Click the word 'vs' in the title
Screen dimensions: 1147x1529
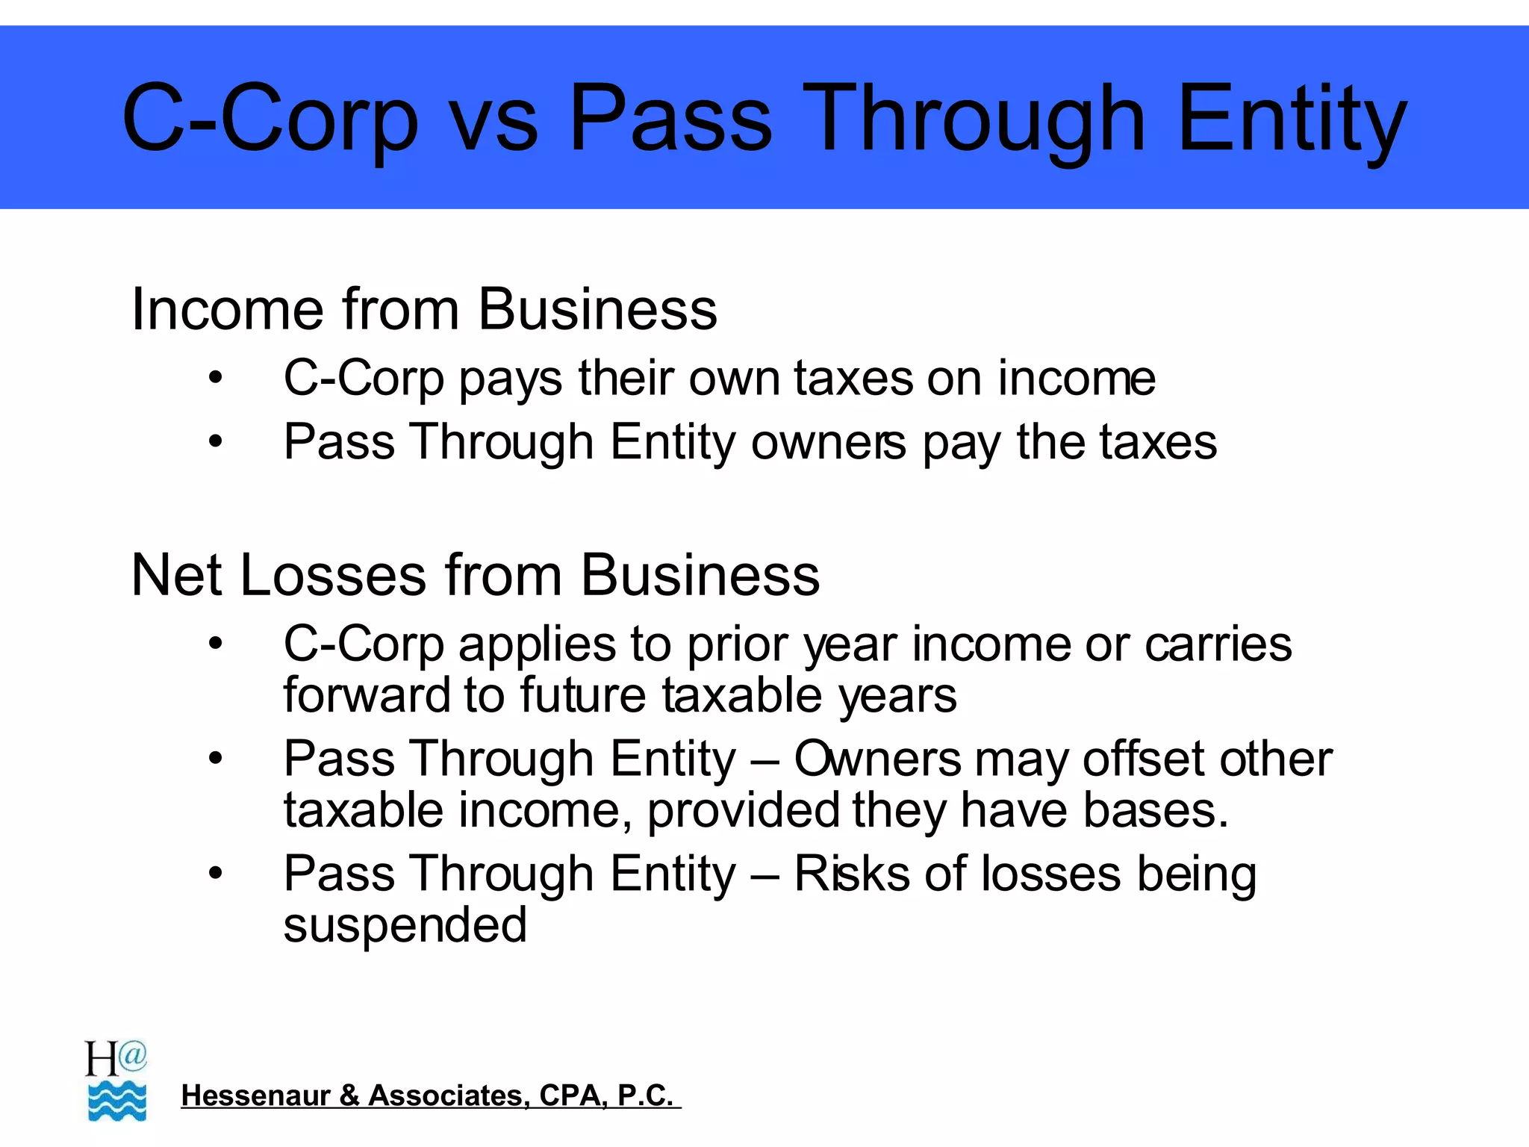(494, 119)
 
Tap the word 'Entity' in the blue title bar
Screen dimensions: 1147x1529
(1292, 119)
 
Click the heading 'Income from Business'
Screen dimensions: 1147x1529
(423, 309)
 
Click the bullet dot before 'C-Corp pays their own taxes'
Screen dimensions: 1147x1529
(216, 378)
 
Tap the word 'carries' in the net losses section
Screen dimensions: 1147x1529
(1218, 644)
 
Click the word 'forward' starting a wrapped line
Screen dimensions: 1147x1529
(365, 695)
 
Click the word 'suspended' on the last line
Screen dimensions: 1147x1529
(405, 925)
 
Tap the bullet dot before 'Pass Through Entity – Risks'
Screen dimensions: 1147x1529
(216, 873)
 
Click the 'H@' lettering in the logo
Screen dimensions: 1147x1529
(115, 1057)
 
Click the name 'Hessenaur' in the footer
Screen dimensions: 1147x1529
(255, 1095)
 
